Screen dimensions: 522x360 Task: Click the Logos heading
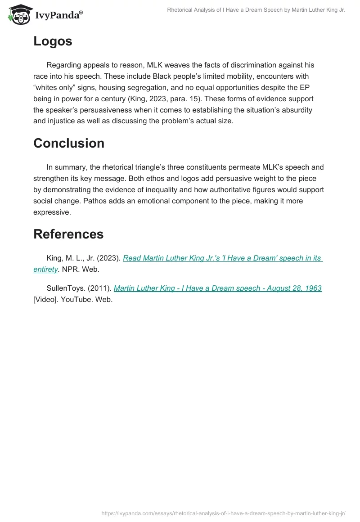coord(53,41)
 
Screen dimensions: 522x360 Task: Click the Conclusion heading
coord(69,143)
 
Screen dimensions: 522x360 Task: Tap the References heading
coord(68,234)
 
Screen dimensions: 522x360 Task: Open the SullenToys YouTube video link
coord(217,288)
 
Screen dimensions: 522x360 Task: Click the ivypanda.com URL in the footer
coord(224,513)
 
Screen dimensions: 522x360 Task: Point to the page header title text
coord(256,10)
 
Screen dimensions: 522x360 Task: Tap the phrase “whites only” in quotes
coord(53,87)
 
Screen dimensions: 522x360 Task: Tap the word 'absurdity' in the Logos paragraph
coord(308,110)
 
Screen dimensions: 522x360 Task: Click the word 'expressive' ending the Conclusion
coord(51,212)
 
